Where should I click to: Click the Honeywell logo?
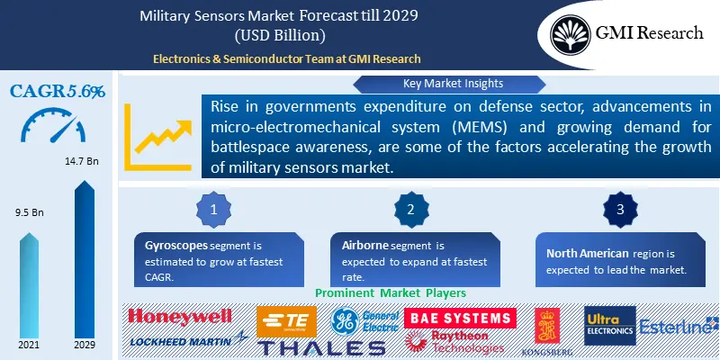pos(180,317)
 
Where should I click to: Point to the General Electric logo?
pos(364,321)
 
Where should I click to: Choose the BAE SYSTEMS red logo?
pos(461,317)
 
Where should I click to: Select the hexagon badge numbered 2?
pos(410,209)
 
